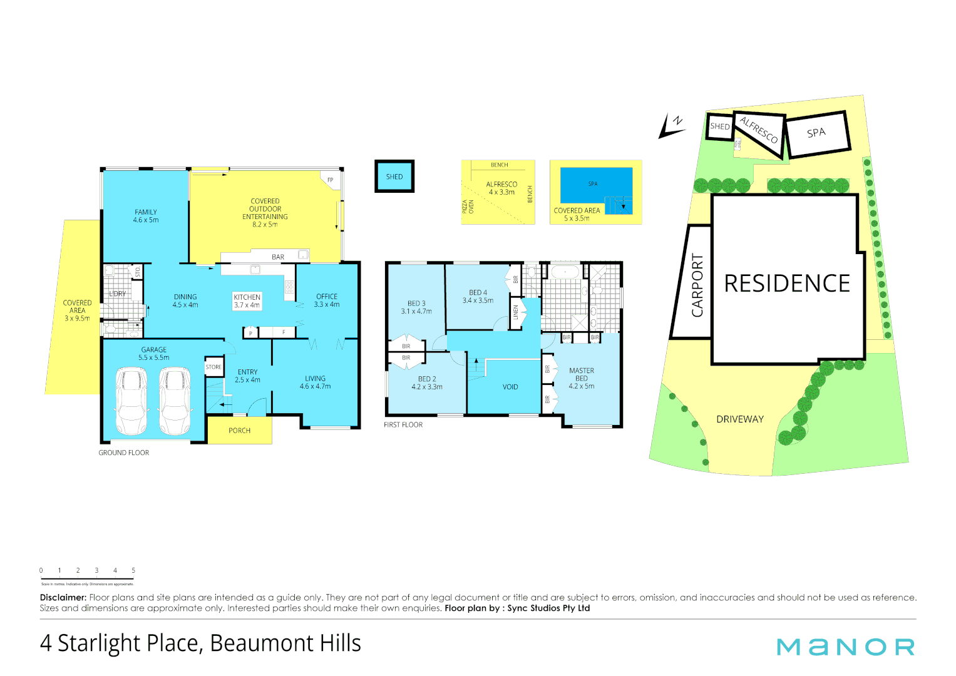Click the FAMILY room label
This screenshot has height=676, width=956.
(146, 216)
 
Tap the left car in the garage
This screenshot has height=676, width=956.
(131, 401)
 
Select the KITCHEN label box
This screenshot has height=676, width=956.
(247, 301)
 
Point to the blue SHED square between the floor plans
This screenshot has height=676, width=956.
(394, 177)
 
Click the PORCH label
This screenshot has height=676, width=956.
(239, 431)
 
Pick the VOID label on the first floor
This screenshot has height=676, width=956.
(510, 387)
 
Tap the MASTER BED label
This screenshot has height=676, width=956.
(582, 378)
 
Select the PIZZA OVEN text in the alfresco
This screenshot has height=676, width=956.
(468, 207)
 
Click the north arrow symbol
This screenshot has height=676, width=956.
(672, 126)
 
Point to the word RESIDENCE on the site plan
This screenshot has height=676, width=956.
(787, 284)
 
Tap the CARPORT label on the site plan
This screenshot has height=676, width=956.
(697, 285)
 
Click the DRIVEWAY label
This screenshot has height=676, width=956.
(740, 419)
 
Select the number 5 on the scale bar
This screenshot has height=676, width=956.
(133, 570)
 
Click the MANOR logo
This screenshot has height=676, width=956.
(845, 647)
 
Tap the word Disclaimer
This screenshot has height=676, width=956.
(63, 598)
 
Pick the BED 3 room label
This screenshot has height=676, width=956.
(416, 307)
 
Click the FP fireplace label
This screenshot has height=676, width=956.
(330, 180)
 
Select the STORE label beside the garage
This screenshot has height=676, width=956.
(213, 367)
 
